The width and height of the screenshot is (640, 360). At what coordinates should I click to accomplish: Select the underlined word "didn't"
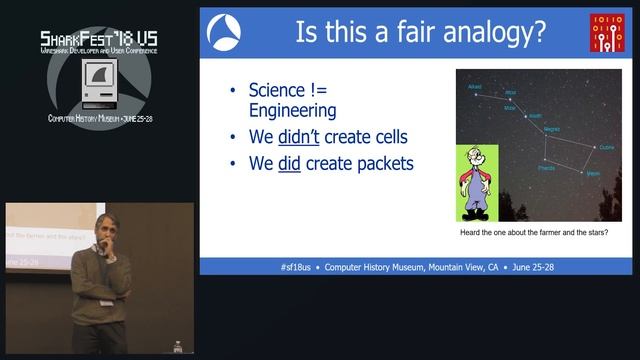coord(299,137)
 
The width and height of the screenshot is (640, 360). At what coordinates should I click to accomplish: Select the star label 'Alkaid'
coord(475,87)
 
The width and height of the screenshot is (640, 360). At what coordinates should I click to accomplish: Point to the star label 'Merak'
coord(593,174)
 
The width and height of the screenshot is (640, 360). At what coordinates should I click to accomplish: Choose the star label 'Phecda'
coord(546,168)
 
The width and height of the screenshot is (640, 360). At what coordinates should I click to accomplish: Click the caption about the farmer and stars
coord(534,233)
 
